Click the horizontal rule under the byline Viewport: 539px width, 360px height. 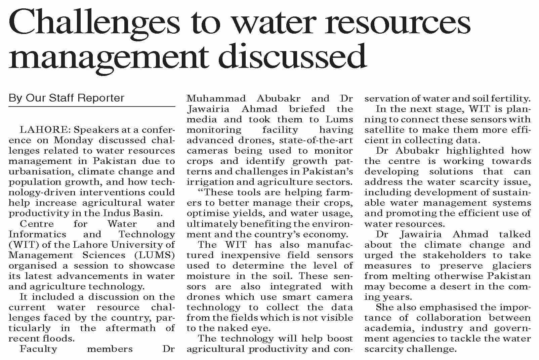pyautogui.click(x=92, y=107)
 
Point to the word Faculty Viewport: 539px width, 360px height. pyautogui.click(x=38, y=349)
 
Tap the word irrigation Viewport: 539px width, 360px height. pyautogui.click(x=208, y=182)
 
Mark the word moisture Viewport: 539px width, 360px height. pyautogui.click(x=207, y=276)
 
